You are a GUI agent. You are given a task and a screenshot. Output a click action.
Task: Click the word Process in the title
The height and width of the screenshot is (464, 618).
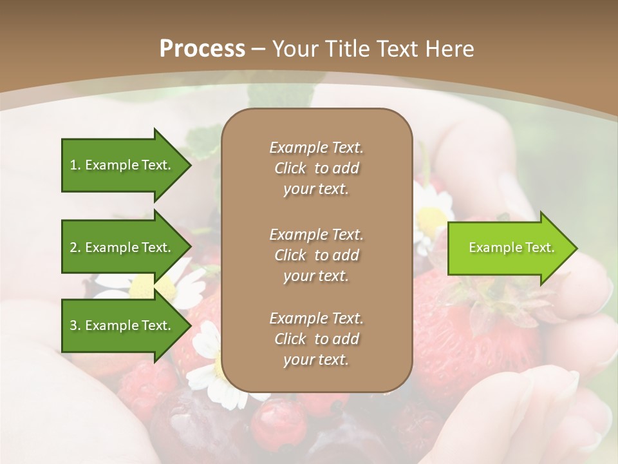click(202, 48)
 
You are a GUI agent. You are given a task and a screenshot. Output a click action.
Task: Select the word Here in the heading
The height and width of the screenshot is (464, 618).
click(450, 48)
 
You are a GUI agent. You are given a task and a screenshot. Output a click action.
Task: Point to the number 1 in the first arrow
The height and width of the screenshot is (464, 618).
click(73, 165)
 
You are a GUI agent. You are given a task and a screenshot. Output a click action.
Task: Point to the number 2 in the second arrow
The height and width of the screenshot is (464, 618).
click(73, 247)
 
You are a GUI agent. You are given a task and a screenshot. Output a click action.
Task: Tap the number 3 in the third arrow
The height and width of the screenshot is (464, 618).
click(73, 325)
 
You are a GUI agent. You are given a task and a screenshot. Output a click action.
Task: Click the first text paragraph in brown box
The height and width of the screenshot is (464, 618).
click(316, 168)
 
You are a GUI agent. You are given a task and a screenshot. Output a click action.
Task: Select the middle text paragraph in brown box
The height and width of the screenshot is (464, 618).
click(316, 255)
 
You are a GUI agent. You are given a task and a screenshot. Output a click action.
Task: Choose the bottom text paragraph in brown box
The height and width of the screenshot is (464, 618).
click(316, 339)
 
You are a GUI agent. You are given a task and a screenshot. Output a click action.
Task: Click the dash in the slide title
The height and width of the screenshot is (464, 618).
click(258, 49)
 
